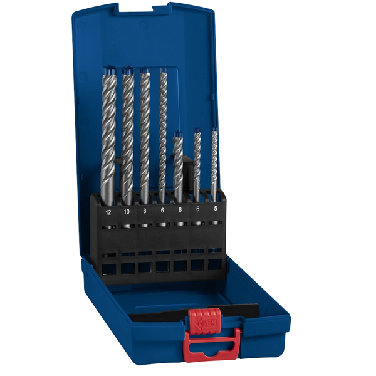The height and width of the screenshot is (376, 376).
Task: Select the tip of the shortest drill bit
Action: (179, 134)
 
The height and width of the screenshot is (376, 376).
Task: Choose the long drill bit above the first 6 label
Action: (163, 132)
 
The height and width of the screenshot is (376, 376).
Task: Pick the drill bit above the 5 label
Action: (214, 163)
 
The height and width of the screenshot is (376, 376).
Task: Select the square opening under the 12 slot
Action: (108, 268)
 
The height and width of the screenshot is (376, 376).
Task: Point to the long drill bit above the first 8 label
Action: (145, 132)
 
